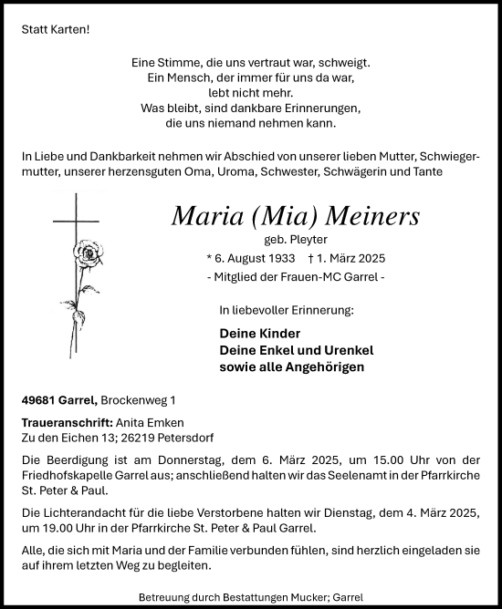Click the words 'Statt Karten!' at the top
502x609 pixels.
[57, 29]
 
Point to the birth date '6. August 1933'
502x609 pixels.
[256, 259]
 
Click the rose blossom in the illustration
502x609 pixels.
[89, 253]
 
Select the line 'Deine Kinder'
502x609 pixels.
[260, 334]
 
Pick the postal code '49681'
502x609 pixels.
[39, 399]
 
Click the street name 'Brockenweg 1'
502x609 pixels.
[139, 399]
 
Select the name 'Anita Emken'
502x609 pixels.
[150, 423]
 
